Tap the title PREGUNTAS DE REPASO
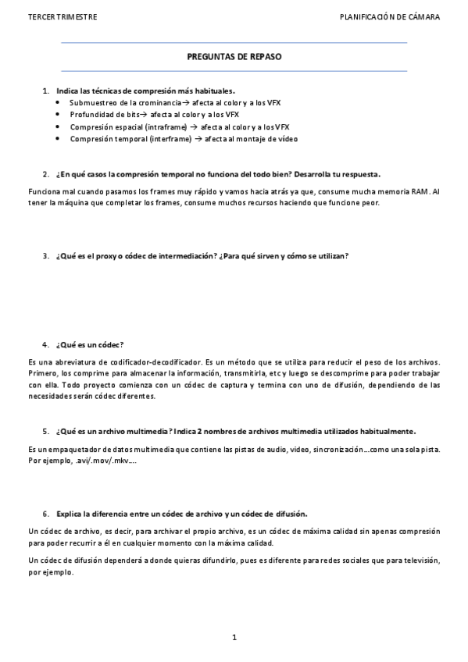(x=234, y=57)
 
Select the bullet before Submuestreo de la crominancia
(x=60, y=103)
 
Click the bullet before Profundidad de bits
(x=60, y=115)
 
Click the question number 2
(x=45, y=174)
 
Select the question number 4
(x=45, y=344)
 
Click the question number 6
(x=45, y=513)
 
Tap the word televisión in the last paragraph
(x=420, y=561)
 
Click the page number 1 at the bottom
(x=234, y=638)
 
